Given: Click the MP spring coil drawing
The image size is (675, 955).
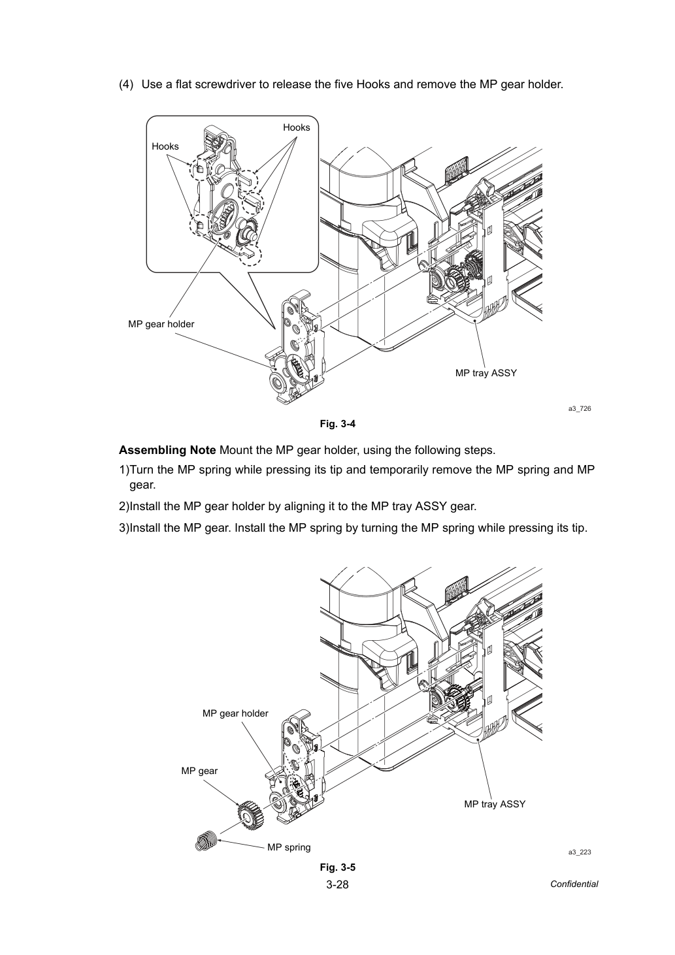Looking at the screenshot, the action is click(x=206, y=841).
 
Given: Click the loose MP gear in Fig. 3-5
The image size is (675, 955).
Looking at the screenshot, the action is click(x=250, y=815).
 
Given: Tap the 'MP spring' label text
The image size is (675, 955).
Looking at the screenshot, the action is click(x=289, y=847).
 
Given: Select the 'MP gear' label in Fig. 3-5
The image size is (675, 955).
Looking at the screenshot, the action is click(x=199, y=770).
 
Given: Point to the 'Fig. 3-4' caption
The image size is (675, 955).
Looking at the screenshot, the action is click(x=338, y=424).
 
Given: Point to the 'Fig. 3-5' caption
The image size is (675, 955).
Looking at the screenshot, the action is click(x=338, y=867).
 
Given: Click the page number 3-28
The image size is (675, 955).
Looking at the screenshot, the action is click(x=337, y=884).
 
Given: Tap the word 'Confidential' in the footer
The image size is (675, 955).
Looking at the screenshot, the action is click(x=574, y=884).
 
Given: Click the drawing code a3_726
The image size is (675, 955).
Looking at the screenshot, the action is click(x=580, y=408).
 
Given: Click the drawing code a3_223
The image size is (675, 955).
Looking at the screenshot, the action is click(x=580, y=852).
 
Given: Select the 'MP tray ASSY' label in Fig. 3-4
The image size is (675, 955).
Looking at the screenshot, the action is click(x=486, y=373).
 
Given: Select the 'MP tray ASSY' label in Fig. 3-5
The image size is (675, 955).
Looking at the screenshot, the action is click(x=495, y=804).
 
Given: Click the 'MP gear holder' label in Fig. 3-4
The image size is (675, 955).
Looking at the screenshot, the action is click(x=161, y=324).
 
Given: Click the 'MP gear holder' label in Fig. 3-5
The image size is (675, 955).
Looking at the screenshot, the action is click(x=235, y=713).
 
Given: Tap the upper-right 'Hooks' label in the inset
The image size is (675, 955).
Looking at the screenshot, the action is click(x=297, y=127).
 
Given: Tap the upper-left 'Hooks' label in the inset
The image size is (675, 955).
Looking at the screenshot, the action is click(x=165, y=146).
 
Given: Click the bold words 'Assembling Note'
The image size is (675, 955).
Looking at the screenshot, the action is click(x=167, y=450).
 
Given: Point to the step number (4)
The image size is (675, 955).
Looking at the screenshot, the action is click(x=126, y=84).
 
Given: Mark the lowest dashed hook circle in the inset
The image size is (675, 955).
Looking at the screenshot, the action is click(x=250, y=254).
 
